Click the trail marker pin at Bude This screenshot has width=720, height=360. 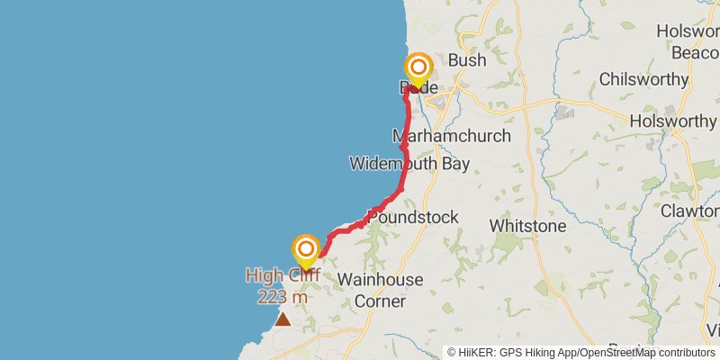pyautogui.click(x=418, y=69)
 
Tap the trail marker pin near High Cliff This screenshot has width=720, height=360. pyautogui.click(x=306, y=250)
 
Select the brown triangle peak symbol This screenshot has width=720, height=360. pyautogui.click(x=283, y=319)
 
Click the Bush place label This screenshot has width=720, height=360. pyautogui.click(x=466, y=60)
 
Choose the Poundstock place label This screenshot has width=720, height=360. pyautogui.click(x=413, y=217)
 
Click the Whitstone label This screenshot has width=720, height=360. pyautogui.click(x=527, y=225)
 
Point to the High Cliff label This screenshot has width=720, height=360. pyautogui.click(x=283, y=274)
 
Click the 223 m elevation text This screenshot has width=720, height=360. pyautogui.click(x=283, y=296)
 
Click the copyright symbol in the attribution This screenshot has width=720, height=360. pyautogui.click(x=453, y=353)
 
